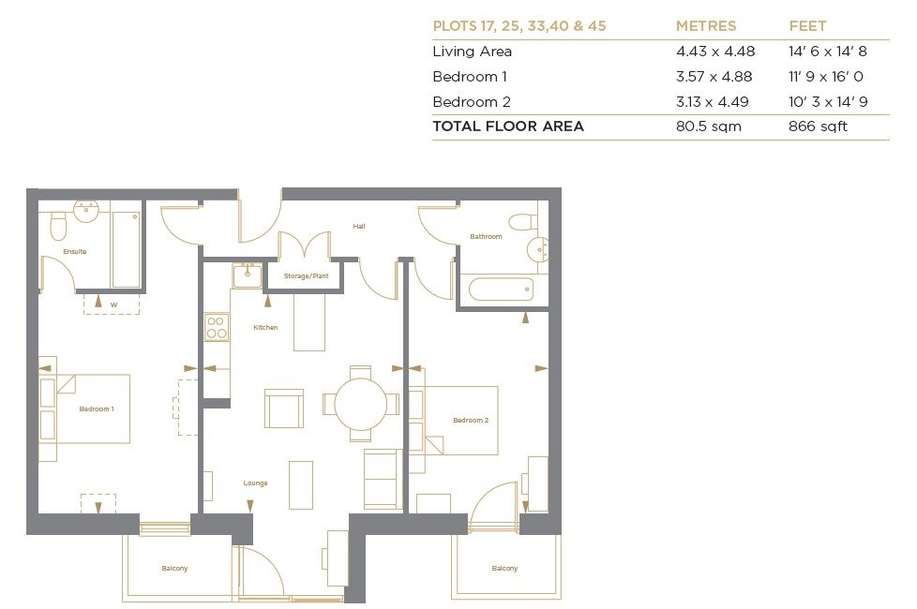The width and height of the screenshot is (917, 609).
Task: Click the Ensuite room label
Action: [x=75, y=252]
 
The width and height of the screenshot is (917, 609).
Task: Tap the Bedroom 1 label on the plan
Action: [x=97, y=409]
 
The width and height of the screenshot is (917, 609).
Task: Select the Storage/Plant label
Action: [x=306, y=275]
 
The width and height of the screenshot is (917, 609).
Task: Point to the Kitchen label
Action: [x=265, y=327]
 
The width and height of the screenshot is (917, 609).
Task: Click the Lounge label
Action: [x=256, y=483]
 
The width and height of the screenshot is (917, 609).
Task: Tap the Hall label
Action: [x=359, y=226]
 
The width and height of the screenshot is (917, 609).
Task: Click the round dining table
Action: [x=361, y=404]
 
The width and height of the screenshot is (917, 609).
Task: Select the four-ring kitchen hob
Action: [x=217, y=327]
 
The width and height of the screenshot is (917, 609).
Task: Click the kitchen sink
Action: [x=247, y=275]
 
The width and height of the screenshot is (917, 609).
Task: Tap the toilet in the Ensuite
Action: [x=58, y=226]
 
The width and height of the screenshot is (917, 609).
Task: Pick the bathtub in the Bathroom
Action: [x=502, y=290]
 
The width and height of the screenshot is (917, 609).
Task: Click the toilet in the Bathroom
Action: [x=523, y=222]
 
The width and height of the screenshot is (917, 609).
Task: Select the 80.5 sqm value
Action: [x=708, y=126]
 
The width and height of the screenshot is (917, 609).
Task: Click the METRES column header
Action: [x=706, y=26]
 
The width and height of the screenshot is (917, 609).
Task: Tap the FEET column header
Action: [x=807, y=26]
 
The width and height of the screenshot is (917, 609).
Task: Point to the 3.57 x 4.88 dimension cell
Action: [x=714, y=77]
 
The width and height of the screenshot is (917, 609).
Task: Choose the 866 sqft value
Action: [x=818, y=126]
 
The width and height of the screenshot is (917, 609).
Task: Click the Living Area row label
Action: [x=472, y=52]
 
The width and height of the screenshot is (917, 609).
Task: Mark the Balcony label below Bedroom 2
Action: [x=504, y=568]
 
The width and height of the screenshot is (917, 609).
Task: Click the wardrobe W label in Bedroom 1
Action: [x=113, y=305]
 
